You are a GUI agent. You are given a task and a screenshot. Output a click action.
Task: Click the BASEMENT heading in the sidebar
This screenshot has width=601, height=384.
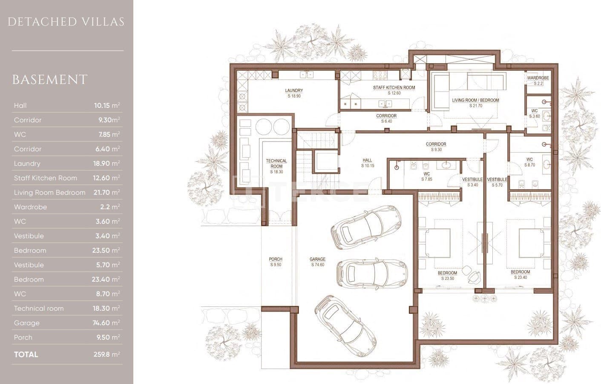50,80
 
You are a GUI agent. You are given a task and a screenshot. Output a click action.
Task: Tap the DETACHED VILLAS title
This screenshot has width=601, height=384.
66,22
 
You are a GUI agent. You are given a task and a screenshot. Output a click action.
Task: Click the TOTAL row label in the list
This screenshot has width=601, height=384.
26,354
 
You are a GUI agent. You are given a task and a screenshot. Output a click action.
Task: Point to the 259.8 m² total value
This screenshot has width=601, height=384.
106,354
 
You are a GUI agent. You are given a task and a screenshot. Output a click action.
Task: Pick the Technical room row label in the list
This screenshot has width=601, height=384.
39,308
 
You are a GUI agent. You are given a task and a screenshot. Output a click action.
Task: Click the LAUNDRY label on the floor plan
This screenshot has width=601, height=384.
294,93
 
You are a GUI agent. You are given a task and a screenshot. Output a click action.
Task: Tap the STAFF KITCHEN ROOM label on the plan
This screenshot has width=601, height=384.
394,90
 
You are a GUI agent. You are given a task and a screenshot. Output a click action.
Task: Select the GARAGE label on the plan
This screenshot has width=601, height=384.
317,262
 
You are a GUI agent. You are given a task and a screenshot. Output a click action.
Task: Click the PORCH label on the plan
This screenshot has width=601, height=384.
276,262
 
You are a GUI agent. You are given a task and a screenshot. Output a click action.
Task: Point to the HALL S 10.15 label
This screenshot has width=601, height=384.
367,163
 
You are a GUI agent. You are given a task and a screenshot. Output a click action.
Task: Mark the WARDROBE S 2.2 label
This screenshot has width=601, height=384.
538,81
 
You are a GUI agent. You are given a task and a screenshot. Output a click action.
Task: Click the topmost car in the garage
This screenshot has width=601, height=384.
366,226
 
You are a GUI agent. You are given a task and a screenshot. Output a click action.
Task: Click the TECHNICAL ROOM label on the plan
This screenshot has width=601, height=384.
276,166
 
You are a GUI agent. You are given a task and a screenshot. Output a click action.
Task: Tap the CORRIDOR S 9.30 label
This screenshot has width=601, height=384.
436,147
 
